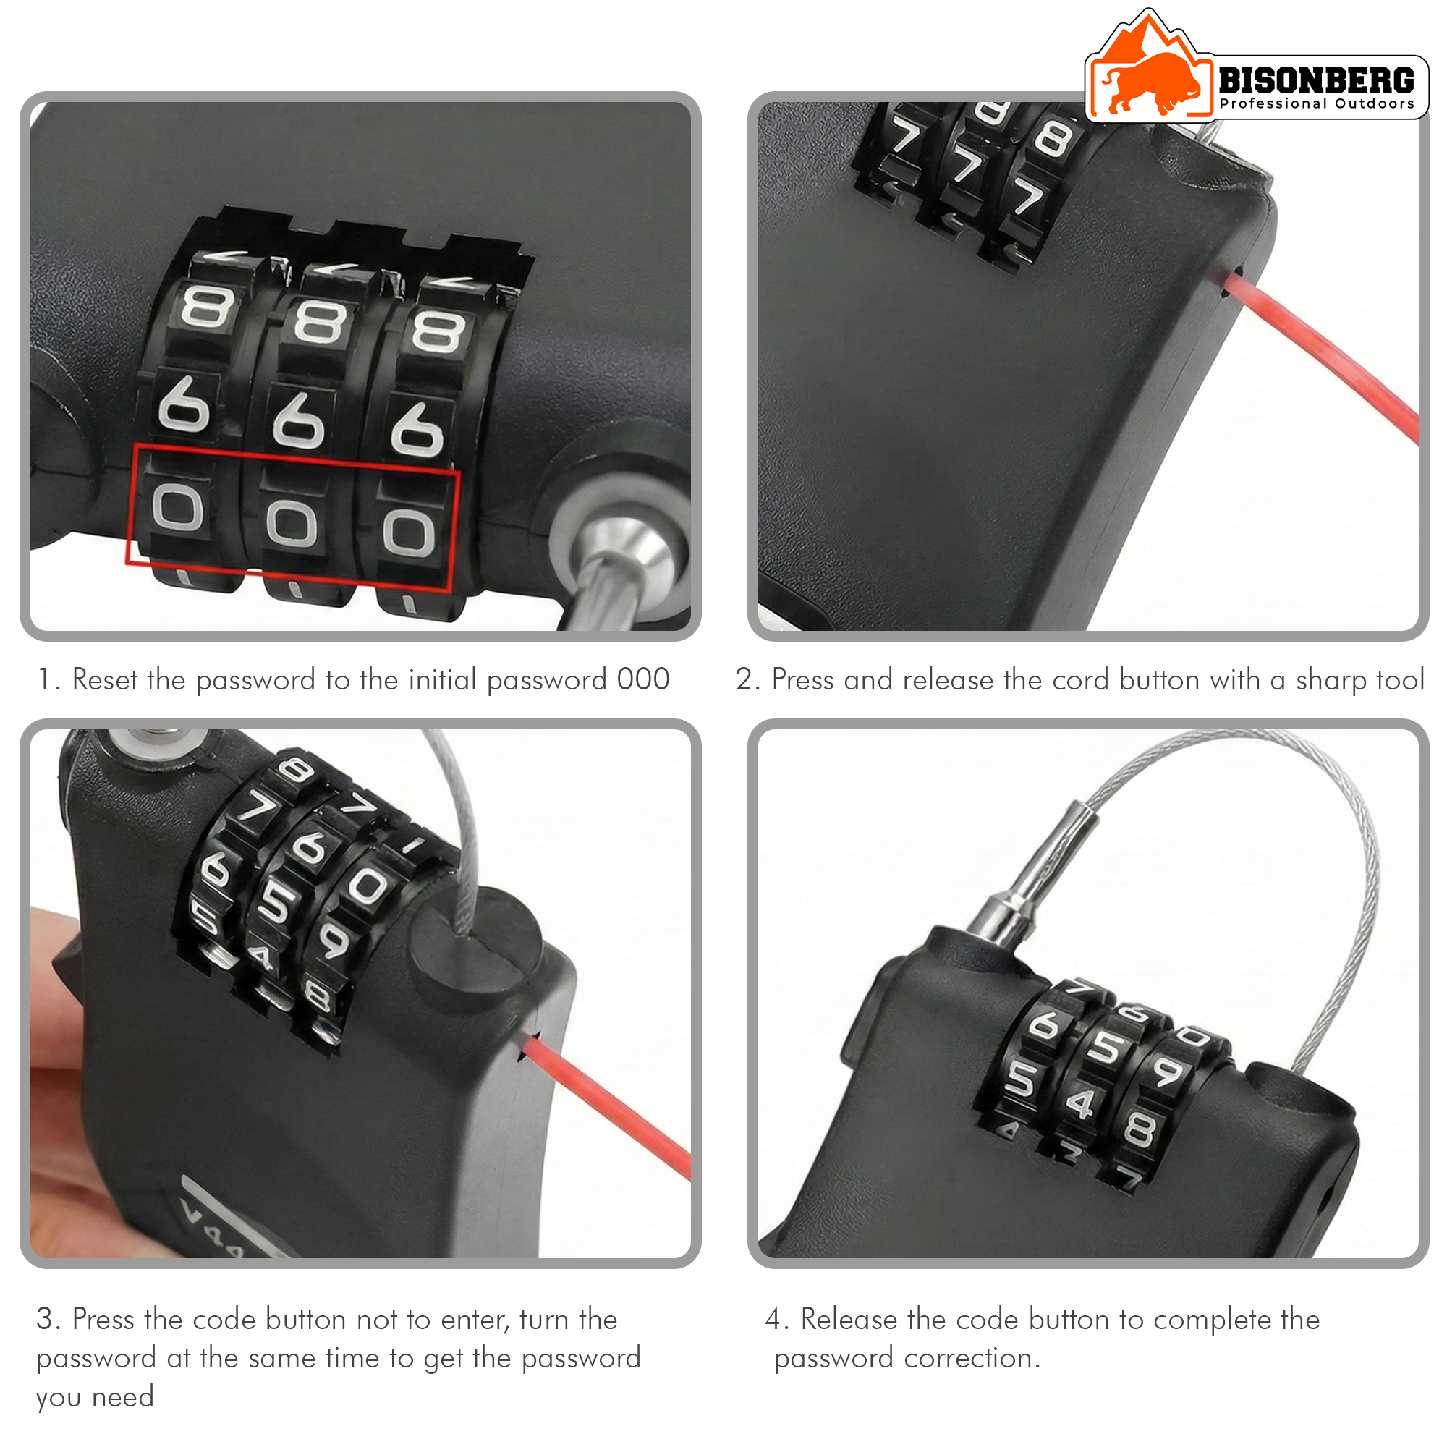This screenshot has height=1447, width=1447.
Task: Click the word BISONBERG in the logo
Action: click(x=1316, y=80)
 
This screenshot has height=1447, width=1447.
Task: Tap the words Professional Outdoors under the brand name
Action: click(x=1316, y=103)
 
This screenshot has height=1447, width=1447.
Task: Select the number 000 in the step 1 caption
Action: click(x=642, y=679)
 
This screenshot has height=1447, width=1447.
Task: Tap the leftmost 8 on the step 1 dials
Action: click(x=208, y=307)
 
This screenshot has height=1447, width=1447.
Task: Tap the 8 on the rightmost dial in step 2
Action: click(x=1053, y=140)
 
